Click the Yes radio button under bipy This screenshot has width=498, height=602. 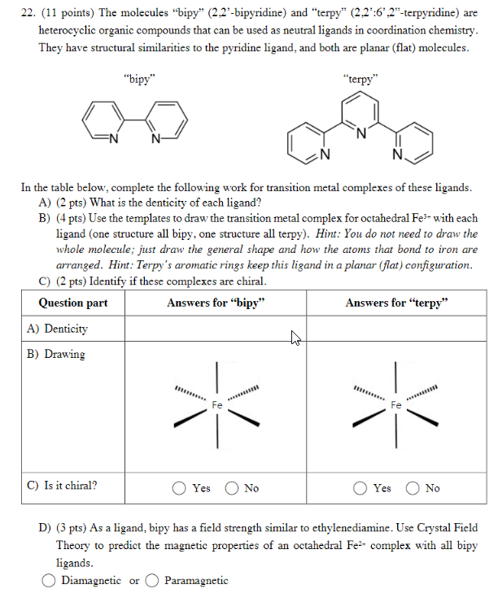point(179,489)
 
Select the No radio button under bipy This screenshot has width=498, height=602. point(234,489)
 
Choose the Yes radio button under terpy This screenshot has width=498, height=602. point(360,489)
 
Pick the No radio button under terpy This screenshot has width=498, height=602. point(414,489)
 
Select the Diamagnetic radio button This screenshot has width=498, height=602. point(49,581)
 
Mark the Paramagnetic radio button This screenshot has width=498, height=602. point(152,581)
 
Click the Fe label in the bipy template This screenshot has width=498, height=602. point(217,404)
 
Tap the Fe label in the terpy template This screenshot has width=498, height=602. point(396,404)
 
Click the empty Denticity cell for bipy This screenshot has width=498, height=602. point(216,329)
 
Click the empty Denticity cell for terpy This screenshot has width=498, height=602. point(396,329)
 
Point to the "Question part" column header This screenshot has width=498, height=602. point(73,303)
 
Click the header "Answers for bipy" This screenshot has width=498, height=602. point(216,303)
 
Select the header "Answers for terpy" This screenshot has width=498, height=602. point(396,303)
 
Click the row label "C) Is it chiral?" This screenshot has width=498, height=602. point(62,486)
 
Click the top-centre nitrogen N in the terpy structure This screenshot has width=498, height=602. point(362,133)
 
